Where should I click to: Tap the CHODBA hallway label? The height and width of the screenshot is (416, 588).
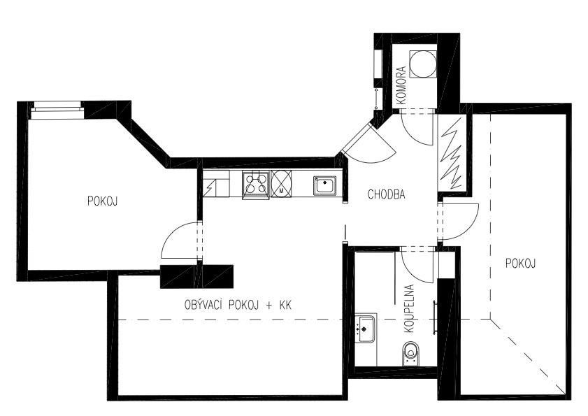coord(387,195)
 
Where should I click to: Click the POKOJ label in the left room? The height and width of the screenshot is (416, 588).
coord(102,201)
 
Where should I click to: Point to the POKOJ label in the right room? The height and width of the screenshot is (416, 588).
coord(519,263)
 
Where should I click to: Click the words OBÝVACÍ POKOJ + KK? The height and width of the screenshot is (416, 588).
coord(237,306)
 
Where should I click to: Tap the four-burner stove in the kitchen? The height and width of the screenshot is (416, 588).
coord(255,185)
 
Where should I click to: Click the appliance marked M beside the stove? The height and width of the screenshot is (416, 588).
coord(281,184)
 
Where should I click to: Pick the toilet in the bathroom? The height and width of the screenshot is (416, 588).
coord(413,354)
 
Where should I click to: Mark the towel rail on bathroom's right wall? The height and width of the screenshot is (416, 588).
coord(436,319)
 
